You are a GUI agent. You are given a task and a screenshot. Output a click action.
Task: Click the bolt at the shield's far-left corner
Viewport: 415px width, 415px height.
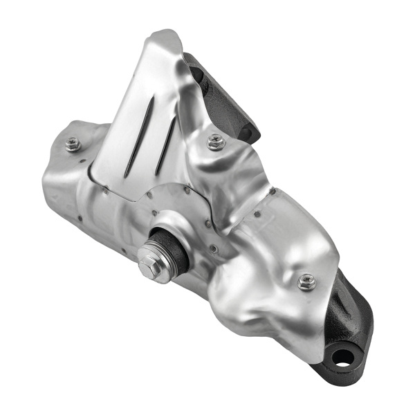(73, 144)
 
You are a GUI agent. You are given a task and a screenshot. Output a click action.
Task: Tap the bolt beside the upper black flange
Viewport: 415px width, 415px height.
(216, 142)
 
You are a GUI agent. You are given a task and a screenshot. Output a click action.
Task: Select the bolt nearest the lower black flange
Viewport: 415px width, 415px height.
(307, 281)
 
